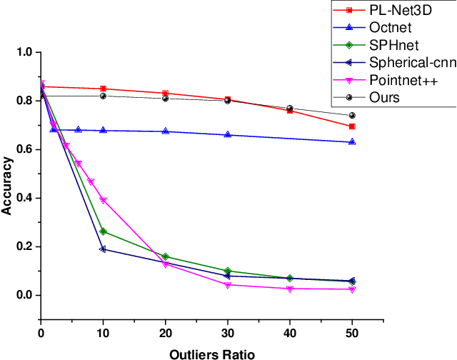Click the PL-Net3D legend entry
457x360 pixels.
pos(397,11)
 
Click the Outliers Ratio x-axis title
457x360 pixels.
pos(211,354)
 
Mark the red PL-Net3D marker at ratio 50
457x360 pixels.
pos(352,126)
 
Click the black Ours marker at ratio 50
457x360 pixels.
pos(352,116)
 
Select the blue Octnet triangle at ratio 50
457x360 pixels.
pos(352,142)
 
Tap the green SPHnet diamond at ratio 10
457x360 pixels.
pos(103,231)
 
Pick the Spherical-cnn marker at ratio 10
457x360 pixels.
pos(103,249)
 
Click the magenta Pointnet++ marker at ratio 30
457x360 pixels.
pos(228,285)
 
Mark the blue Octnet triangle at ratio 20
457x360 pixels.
pos(166,131)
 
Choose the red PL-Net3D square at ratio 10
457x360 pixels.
pos(103,89)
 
